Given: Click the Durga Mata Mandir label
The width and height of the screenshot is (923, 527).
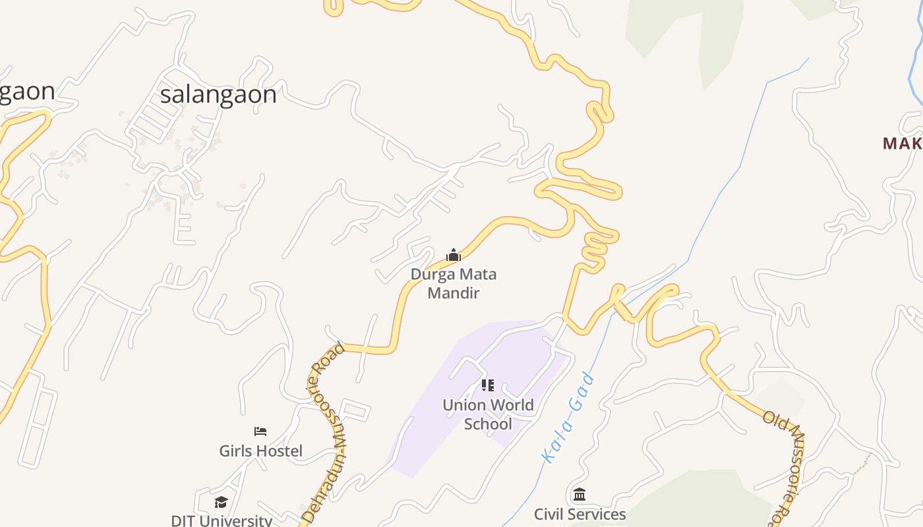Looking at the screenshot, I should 454,283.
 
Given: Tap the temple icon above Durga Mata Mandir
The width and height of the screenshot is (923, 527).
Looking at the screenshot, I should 454,255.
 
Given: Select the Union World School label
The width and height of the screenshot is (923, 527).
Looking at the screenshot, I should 488,414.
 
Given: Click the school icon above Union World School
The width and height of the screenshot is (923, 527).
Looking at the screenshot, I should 488,385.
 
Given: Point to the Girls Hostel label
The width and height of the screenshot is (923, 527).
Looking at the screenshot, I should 261,451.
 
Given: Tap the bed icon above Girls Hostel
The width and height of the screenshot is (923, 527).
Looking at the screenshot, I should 260,431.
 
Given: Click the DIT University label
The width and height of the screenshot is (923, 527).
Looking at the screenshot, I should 222,520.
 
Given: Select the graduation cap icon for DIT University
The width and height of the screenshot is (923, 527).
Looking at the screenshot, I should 221,503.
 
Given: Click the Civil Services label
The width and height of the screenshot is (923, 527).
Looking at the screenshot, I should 580,514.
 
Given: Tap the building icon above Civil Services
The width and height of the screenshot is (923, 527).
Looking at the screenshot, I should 580,494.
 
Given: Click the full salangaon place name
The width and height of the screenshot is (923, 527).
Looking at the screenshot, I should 218,95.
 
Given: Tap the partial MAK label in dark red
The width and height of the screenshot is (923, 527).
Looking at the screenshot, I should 902,144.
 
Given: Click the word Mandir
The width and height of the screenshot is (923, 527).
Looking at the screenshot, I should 454,293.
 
